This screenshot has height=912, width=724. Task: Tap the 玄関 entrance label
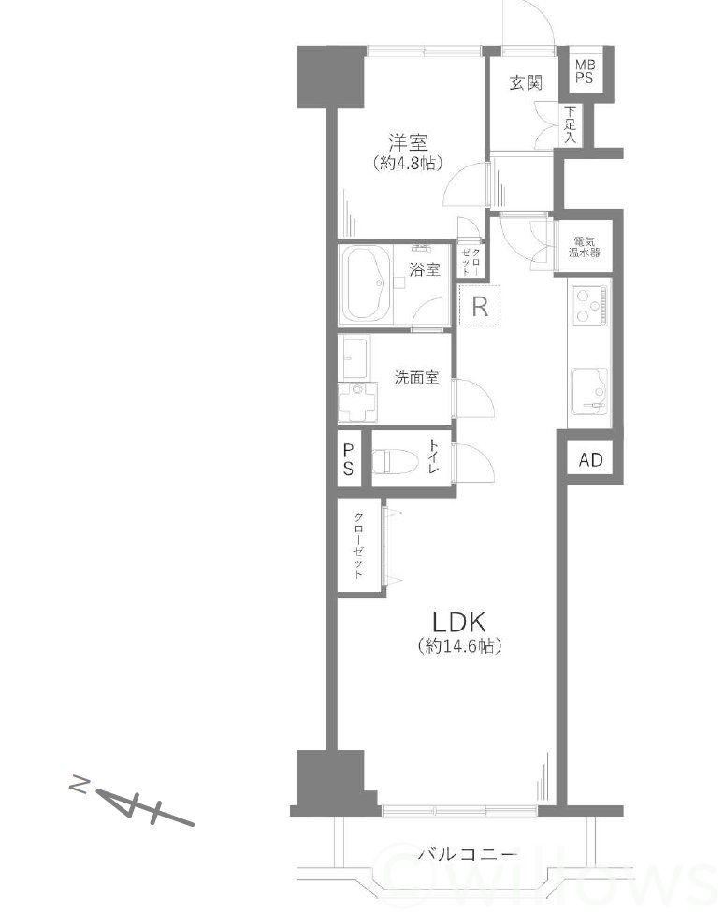[526, 83]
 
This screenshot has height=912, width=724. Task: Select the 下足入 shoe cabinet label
[571, 124]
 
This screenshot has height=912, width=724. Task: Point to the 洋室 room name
[408, 142]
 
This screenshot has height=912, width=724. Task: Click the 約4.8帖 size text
[408, 163]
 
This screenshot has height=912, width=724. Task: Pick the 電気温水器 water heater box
[584, 247]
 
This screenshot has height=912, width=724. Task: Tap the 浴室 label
[425, 269]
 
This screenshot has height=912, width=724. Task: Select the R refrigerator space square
[480, 305]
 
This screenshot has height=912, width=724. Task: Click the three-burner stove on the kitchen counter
[590, 305]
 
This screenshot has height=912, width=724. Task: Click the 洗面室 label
[416, 378]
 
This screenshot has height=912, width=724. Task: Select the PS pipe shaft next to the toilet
[349, 459]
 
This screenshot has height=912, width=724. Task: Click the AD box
[591, 460]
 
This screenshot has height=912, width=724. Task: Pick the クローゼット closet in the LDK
[360, 546]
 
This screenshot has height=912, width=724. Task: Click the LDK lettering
[459, 622]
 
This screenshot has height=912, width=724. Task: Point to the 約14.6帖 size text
[459, 645]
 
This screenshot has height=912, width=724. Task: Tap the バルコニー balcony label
[468, 854]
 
